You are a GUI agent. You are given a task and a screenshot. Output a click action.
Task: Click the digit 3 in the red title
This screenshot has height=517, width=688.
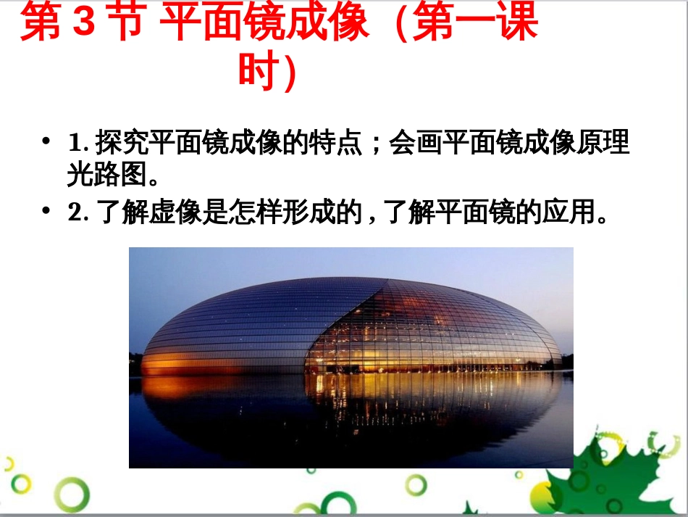tap(85, 24)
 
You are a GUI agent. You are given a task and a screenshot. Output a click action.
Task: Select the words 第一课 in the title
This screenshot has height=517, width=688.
tap(477, 24)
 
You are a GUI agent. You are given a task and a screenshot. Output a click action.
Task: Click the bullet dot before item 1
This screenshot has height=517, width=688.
tap(47, 141)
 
